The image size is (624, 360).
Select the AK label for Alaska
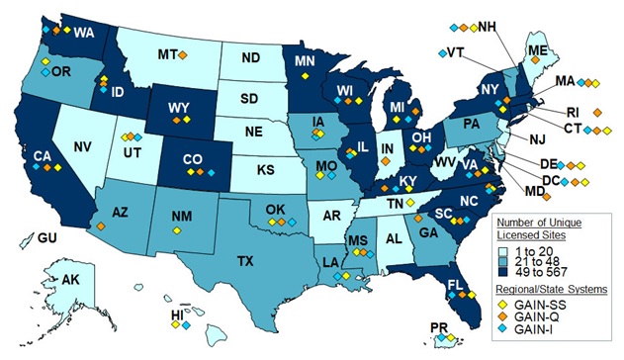pos(71,280)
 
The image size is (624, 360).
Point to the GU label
pos(47,237)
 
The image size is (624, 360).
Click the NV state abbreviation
pos(82,148)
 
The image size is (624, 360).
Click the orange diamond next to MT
pos(183,52)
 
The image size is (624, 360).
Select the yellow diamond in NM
pos(176,229)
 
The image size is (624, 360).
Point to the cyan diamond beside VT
pos(441,52)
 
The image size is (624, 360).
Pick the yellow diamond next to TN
pos(409,202)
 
